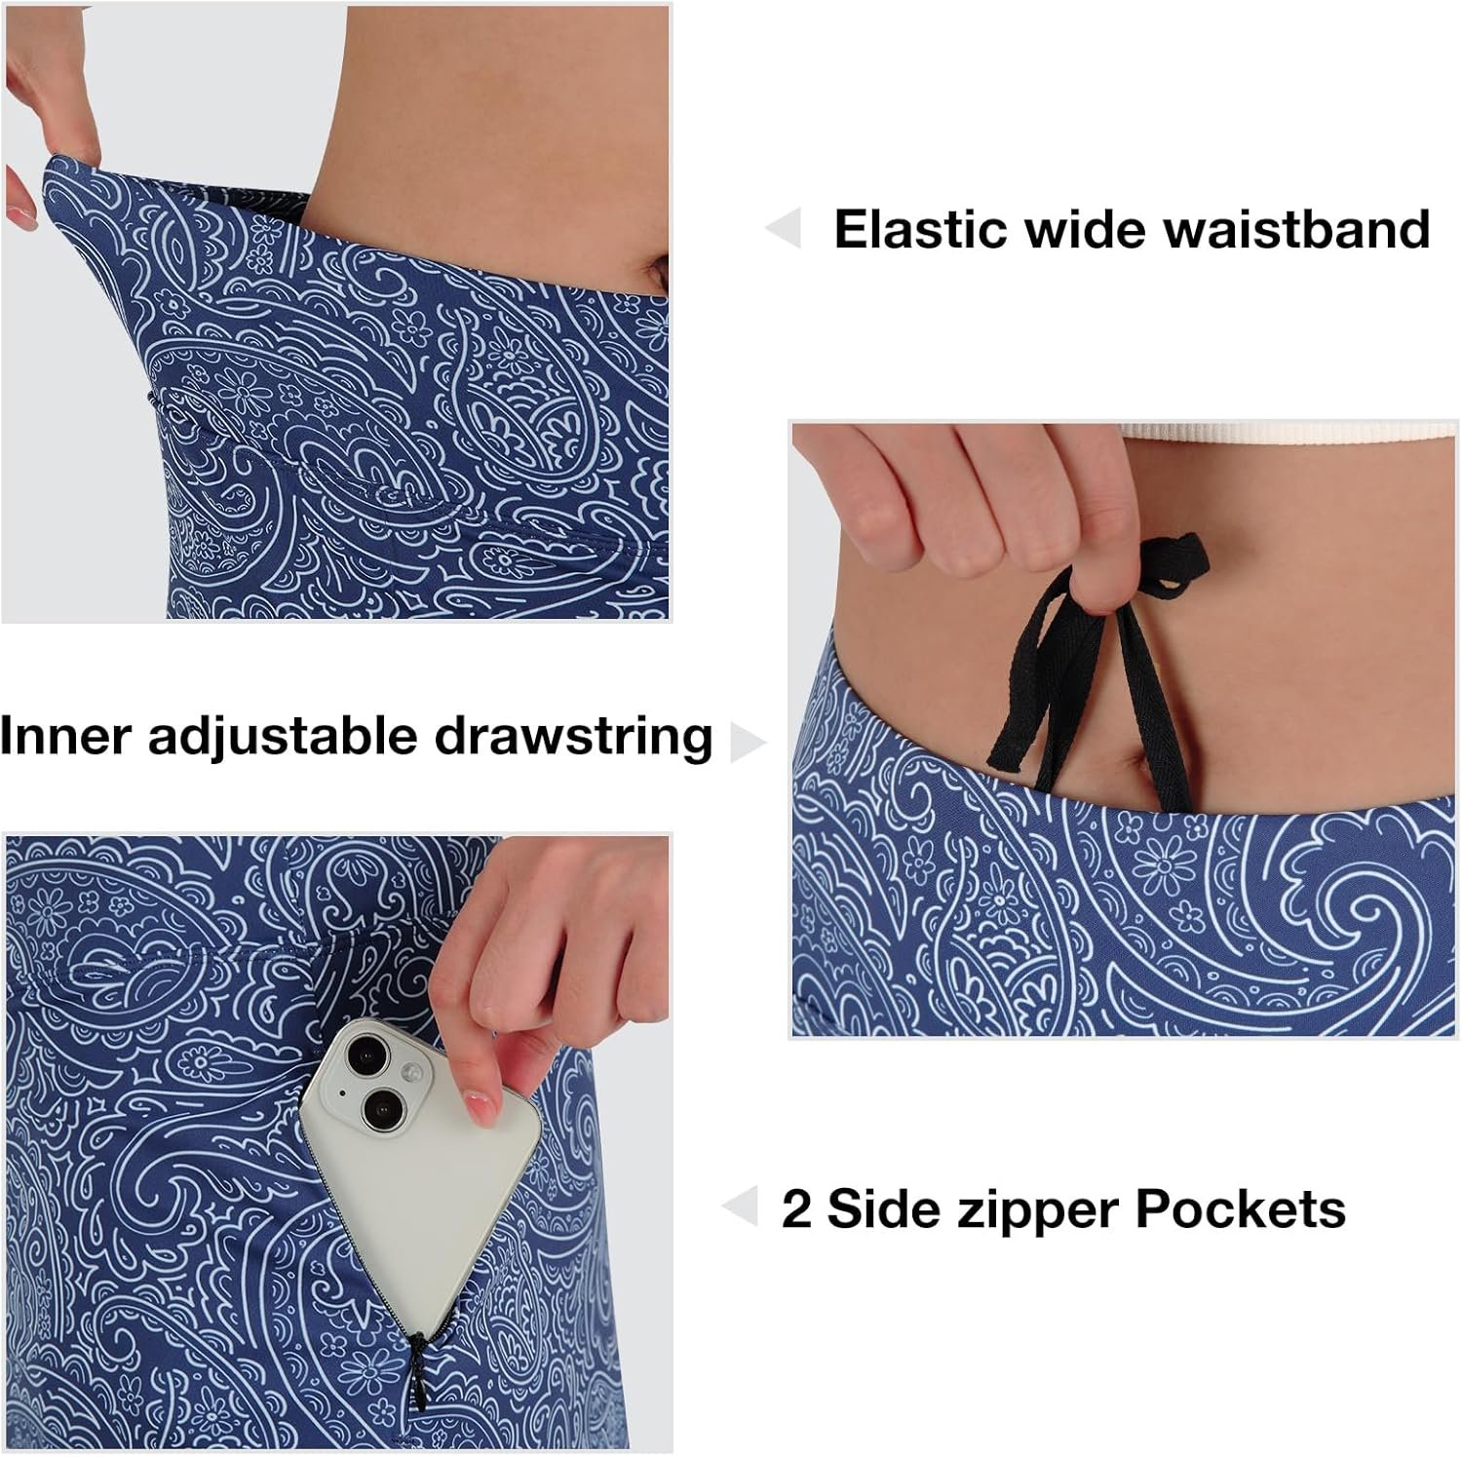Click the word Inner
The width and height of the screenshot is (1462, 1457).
click(65, 735)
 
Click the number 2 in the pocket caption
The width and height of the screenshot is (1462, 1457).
click(796, 1209)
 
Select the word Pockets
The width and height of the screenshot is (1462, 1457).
click(1241, 1209)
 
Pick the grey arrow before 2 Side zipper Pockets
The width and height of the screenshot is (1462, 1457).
click(740, 1207)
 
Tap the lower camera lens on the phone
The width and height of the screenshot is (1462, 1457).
click(379, 1106)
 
